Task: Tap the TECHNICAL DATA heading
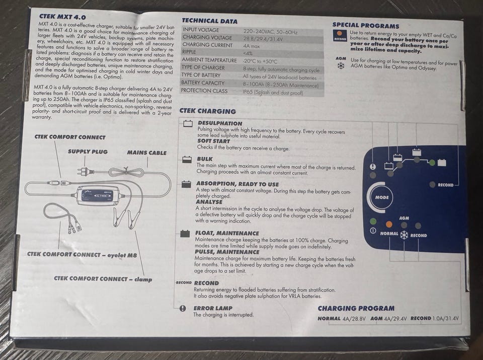(209, 21)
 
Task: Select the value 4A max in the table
(252, 46)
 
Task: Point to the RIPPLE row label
(189, 52)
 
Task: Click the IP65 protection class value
(273, 93)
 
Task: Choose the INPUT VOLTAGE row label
(201, 30)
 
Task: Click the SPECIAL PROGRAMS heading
(366, 26)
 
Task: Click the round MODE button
(382, 197)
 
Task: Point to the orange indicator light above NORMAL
(389, 224)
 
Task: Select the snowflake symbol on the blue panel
(404, 235)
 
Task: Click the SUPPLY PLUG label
(88, 152)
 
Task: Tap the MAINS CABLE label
(146, 153)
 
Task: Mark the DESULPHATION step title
(220, 123)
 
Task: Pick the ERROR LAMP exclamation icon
(183, 308)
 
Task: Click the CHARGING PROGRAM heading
(356, 308)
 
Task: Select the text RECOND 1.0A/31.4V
(434, 318)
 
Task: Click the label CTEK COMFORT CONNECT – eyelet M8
(82, 255)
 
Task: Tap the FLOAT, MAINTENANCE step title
(227, 233)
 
